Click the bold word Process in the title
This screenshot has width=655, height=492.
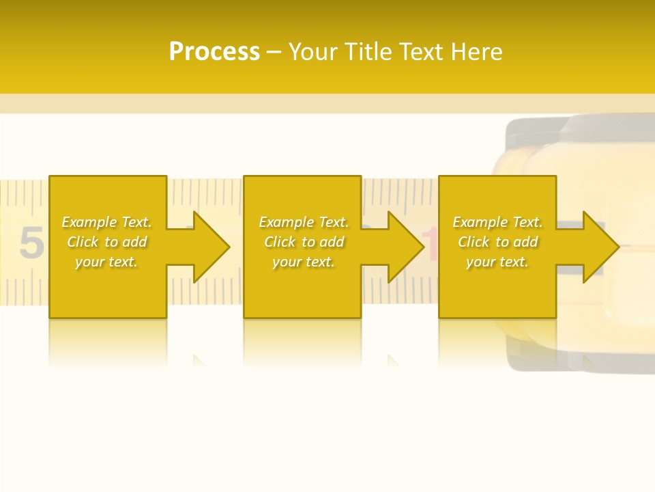click(214, 52)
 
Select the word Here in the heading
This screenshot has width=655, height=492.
click(478, 52)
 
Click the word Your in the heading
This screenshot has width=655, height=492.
click(314, 52)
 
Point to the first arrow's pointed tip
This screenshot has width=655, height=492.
click(229, 247)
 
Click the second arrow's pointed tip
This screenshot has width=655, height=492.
click(423, 247)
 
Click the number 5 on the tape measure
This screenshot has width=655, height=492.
click(30, 243)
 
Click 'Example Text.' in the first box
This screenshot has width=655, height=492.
click(106, 222)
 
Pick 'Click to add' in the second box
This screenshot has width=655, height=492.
click(304, 242)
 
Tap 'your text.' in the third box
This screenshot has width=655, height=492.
click(497, 262)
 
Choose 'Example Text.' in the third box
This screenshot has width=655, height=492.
click(497, 222)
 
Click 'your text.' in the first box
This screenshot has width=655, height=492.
click(106, 262)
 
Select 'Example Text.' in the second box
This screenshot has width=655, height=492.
click(304, 222)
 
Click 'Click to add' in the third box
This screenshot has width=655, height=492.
click(497, 242)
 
